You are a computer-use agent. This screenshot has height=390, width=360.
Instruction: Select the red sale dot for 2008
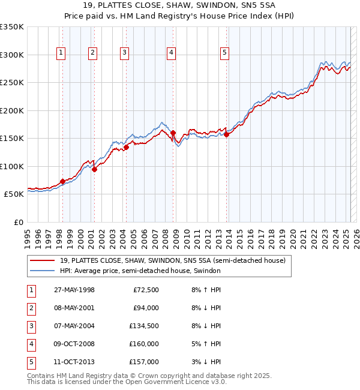click(x=173, y=133)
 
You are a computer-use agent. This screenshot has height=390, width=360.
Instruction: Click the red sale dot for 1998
click(x=62, y=181)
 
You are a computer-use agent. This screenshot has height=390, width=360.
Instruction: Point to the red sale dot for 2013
click(x=227, y=134)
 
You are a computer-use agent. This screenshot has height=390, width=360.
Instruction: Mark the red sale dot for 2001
click(x=94, y=169)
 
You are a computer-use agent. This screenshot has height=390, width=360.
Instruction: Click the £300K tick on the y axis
click(x=13, y=55)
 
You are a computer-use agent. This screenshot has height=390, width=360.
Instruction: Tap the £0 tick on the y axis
click(x=19, y=223)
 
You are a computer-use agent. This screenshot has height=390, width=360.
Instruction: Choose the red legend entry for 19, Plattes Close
click(x=176, y=260)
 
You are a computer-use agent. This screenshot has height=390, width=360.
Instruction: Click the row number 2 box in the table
click(x=31, y=308)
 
